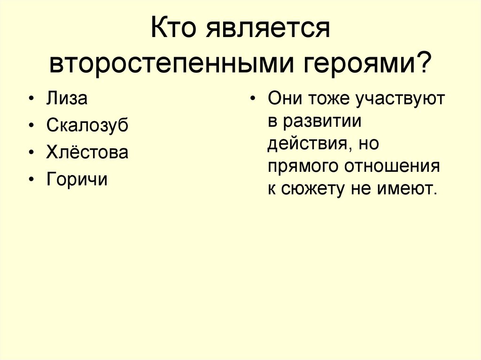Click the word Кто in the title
coord(175,32)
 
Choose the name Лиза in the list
coord(67,99)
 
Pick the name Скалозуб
coord(87,126)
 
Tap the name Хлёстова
coord(87,152)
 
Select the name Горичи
coord(77,179)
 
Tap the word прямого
coord(303,167)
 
